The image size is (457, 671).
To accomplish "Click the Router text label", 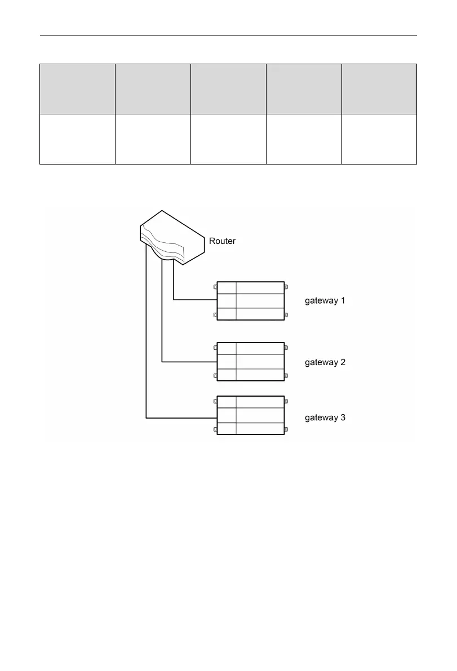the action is pyautogui.click(x=222, y=241).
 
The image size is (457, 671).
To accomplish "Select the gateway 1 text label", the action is pyautogui.click(x=325, y=301).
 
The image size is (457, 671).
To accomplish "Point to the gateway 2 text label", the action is pyautogui.click(x=325, y=362).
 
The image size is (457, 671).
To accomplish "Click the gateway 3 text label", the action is pyautogui.click(x=325, y=418).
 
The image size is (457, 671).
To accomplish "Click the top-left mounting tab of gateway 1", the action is pyautogui.click(x=215, y=287).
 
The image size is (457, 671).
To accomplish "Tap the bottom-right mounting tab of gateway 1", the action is pyautogui.click(x=286, y=314).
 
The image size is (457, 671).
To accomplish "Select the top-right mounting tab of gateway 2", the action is pyautogui.click(x=286, y=348).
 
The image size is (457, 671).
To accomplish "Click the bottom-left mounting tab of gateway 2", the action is pyautogui.click(x=215, y=375).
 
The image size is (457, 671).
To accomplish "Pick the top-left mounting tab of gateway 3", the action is pyautogui.click(x=215, y=402).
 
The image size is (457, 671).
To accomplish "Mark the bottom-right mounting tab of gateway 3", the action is pyautogui.click(x=286, y=429).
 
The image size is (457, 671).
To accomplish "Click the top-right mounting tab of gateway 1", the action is pyautogui.click(x=286, y=287).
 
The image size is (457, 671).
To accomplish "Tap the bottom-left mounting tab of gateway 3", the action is pyautogui.click(x=215, y=429).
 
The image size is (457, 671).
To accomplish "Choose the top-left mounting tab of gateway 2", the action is pyautogui.click(x=215, y=348).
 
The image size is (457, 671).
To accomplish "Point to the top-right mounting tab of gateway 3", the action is pyautogui.click(x=286, y=402).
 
